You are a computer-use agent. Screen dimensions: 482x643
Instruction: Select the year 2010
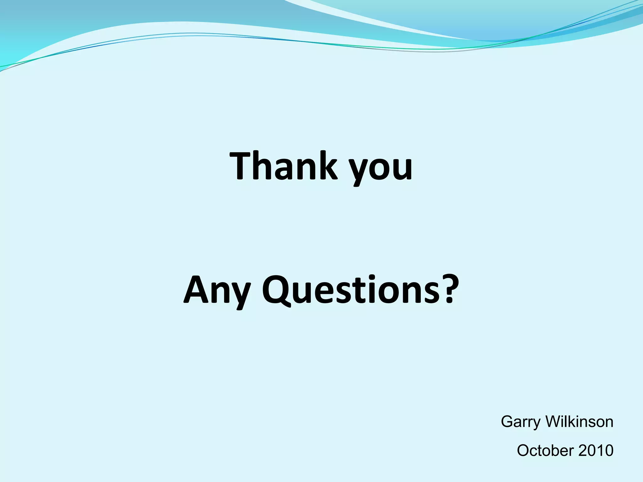click(596, 451)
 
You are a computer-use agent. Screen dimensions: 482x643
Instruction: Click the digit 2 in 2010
click(583, 451)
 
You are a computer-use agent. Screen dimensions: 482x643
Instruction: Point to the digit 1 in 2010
click(600, 451)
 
